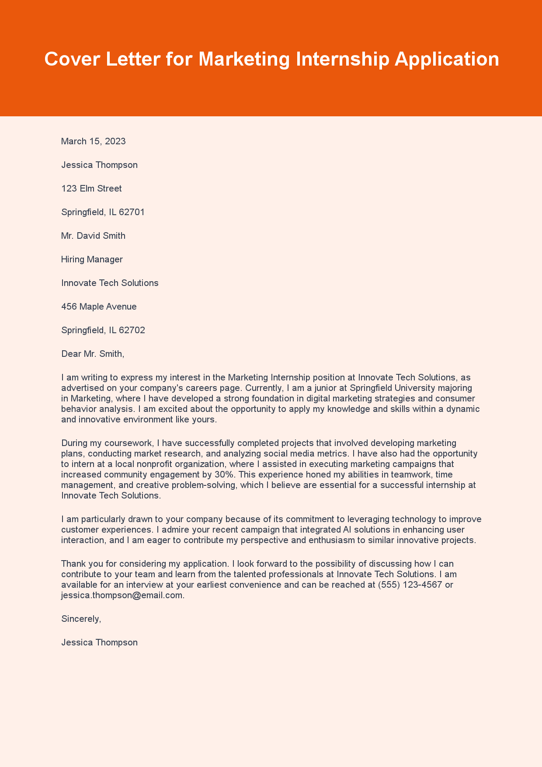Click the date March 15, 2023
pos(94,141)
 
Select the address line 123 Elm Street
pos(91,188)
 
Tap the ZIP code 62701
pos(132,212)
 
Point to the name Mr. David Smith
pos(93,236)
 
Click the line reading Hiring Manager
pos(92,259)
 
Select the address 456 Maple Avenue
pos(99,307)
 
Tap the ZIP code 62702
pos(132,330)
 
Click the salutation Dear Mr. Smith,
pos(93,354)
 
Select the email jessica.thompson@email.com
pos(122,595)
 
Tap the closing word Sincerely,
pos(81,619)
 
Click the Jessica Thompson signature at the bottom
pos(99,642)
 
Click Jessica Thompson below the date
pos(99,165)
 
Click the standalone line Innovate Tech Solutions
pos(110,283)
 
